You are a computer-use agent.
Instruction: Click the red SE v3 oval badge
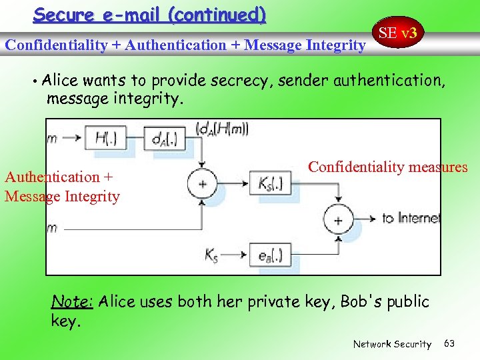point(398,33)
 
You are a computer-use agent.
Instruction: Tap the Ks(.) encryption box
point(270,183)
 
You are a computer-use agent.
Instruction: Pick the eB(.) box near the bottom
point(270,254)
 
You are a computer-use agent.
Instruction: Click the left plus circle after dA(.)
point(203,183)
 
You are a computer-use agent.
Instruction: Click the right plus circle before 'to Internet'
point(338,219)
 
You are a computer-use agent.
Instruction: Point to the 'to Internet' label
point(411,219)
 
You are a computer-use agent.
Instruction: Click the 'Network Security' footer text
point(392,344)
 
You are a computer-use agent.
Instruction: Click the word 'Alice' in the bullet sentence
point(59,81)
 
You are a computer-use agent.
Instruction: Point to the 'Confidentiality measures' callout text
point(387,167)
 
